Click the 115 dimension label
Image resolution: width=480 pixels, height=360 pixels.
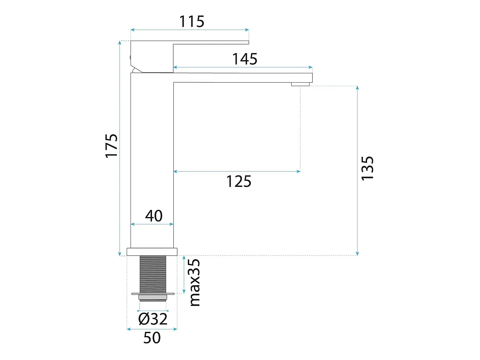pos(192,21)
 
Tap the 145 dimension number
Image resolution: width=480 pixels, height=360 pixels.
pos(244,59)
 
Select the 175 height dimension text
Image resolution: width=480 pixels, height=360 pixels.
pos(112,146)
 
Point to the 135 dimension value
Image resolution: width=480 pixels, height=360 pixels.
pos(367,168)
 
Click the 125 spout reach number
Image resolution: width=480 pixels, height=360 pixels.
pos(239,181)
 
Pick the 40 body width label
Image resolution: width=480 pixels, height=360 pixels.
pos(154,216)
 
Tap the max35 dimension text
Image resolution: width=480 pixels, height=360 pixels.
pos(195,283)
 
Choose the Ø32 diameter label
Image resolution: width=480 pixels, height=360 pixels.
pos(153,319)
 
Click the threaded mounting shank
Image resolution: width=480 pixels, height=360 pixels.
pos(153,274)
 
